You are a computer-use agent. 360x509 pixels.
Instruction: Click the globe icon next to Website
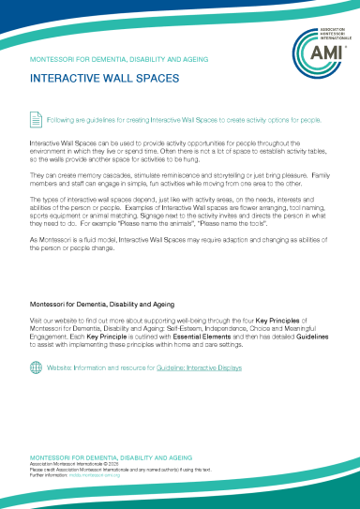36,367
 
